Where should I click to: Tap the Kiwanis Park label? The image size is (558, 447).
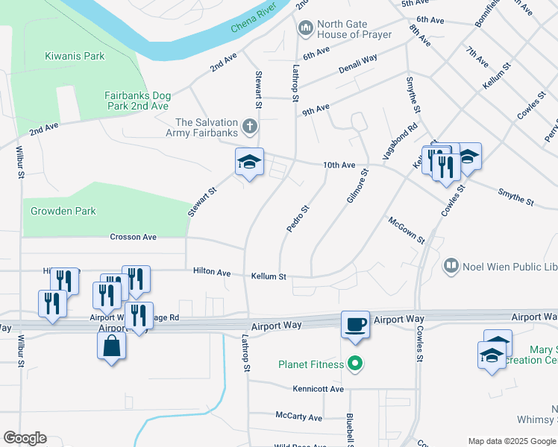pos(75,56)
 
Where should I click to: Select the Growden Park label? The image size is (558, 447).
pos(63,211)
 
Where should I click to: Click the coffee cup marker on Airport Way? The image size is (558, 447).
pos(354,324)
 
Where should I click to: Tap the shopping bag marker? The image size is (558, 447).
pos(111,346)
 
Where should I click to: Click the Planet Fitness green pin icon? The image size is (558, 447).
pos(356,364)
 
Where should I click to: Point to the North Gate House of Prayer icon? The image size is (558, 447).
pos(305,29)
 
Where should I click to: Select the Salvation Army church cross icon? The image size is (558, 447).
pos(250,127)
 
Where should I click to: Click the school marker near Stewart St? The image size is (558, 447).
pos(249,162)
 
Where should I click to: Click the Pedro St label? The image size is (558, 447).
pos(297,218)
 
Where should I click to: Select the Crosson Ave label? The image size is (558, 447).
pos(134,237)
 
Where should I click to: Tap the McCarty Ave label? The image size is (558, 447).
pos(298,417)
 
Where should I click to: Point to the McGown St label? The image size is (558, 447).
pos(406,230)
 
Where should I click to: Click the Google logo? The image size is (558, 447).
pos(25,438)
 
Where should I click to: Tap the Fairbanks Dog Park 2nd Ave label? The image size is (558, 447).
pos(137,101)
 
